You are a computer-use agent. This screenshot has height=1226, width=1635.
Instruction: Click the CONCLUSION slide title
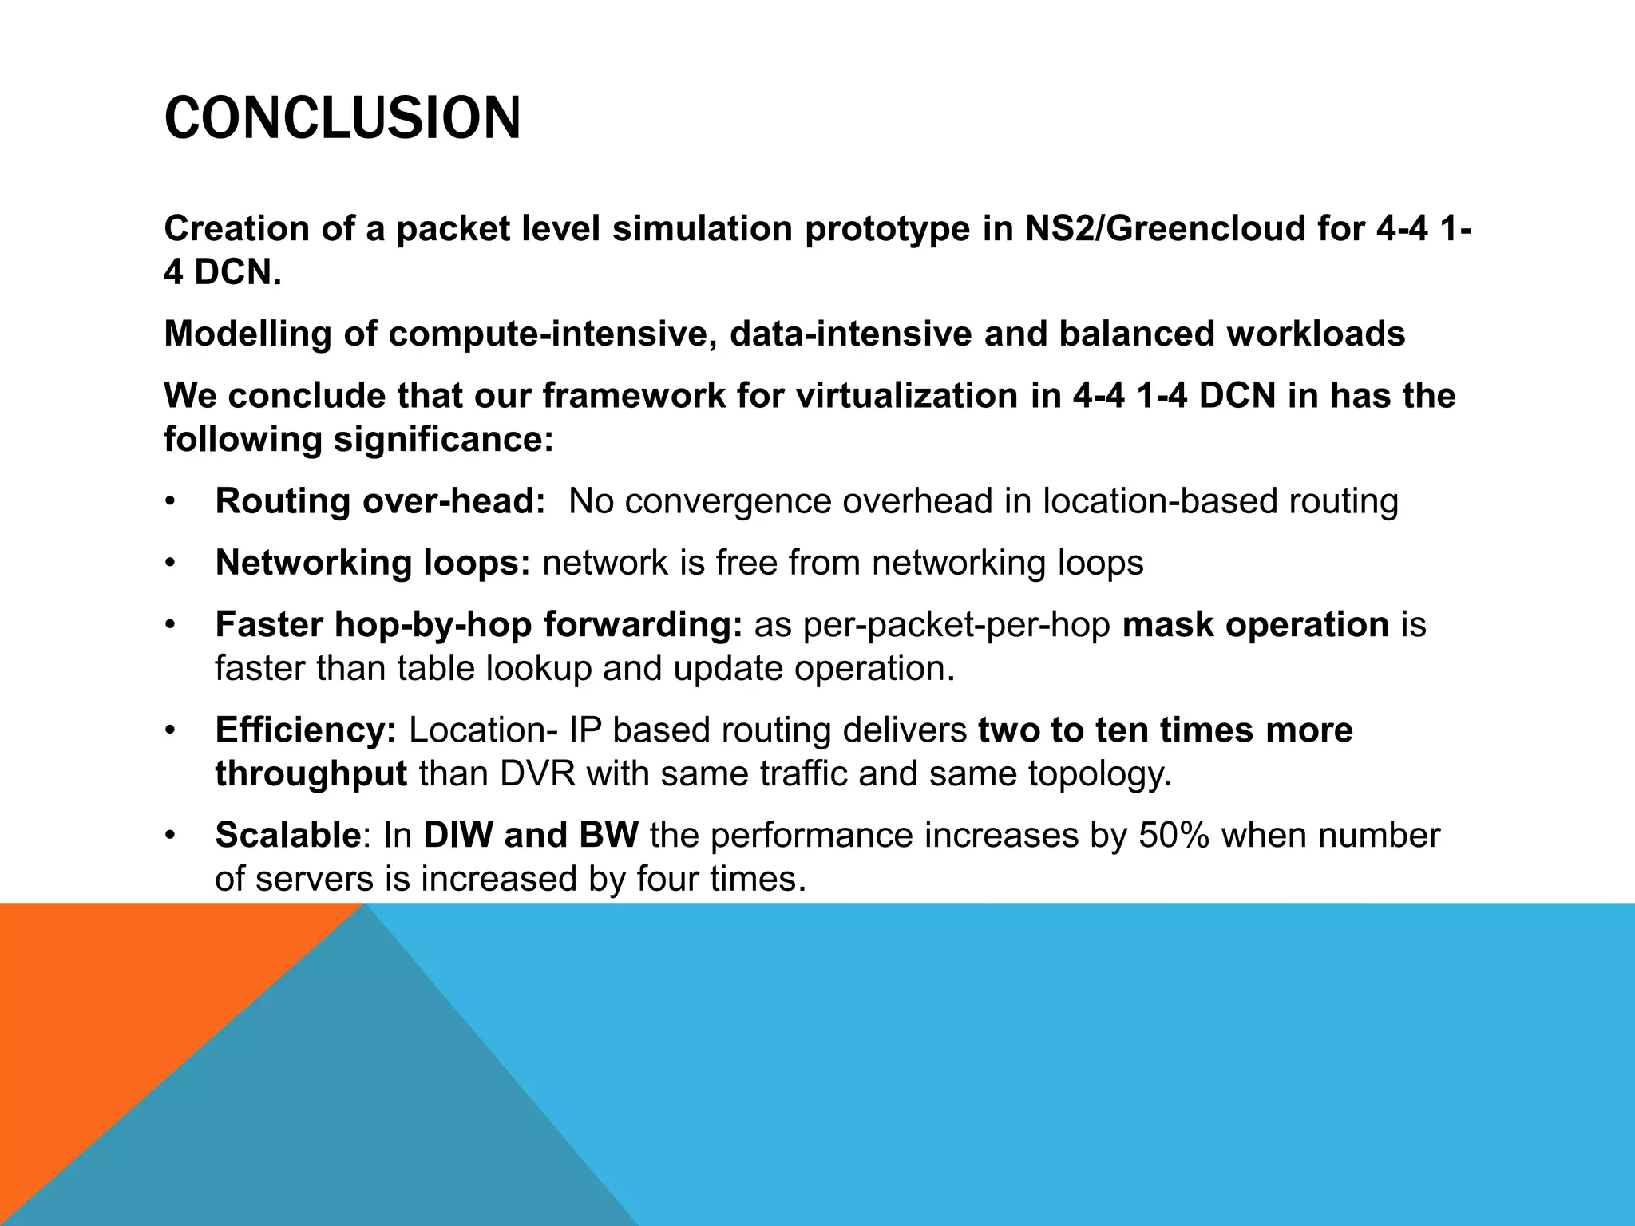pos(342,118)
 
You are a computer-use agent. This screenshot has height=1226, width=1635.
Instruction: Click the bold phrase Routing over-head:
pos(380,501)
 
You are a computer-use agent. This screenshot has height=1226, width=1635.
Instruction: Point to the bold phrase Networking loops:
pos(373,563)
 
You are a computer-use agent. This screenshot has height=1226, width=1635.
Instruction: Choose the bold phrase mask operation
pos(1255,624)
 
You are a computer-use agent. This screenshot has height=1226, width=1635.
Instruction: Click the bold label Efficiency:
pos(306,730)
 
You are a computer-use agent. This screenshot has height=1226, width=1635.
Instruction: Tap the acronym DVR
pos(537,773)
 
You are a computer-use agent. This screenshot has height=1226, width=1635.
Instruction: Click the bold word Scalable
pos(287,835)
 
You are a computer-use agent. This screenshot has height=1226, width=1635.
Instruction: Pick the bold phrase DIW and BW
pos(531,835)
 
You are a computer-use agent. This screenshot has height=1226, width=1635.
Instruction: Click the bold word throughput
pos(311,773)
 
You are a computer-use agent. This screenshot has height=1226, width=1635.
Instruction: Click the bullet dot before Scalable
pos(169,836)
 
